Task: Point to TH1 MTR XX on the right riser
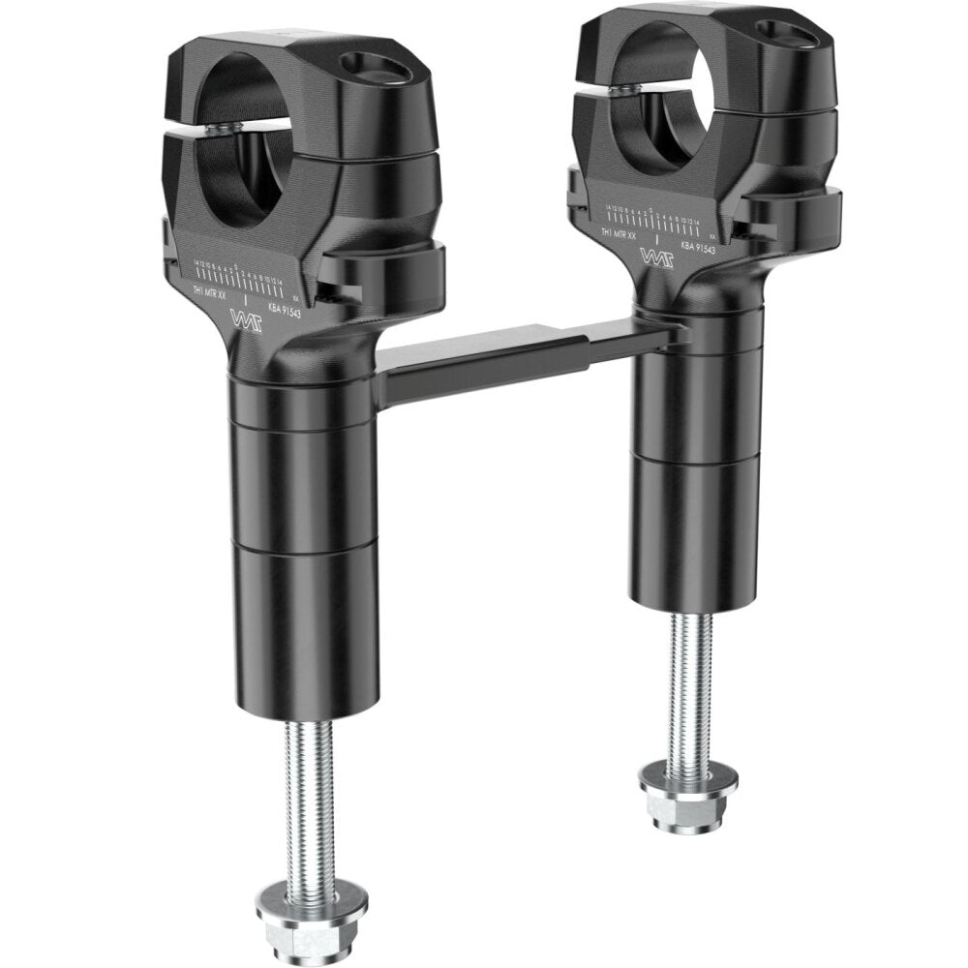click(620, 234)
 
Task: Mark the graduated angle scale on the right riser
click(658, 214)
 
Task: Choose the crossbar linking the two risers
click(503, 358)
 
